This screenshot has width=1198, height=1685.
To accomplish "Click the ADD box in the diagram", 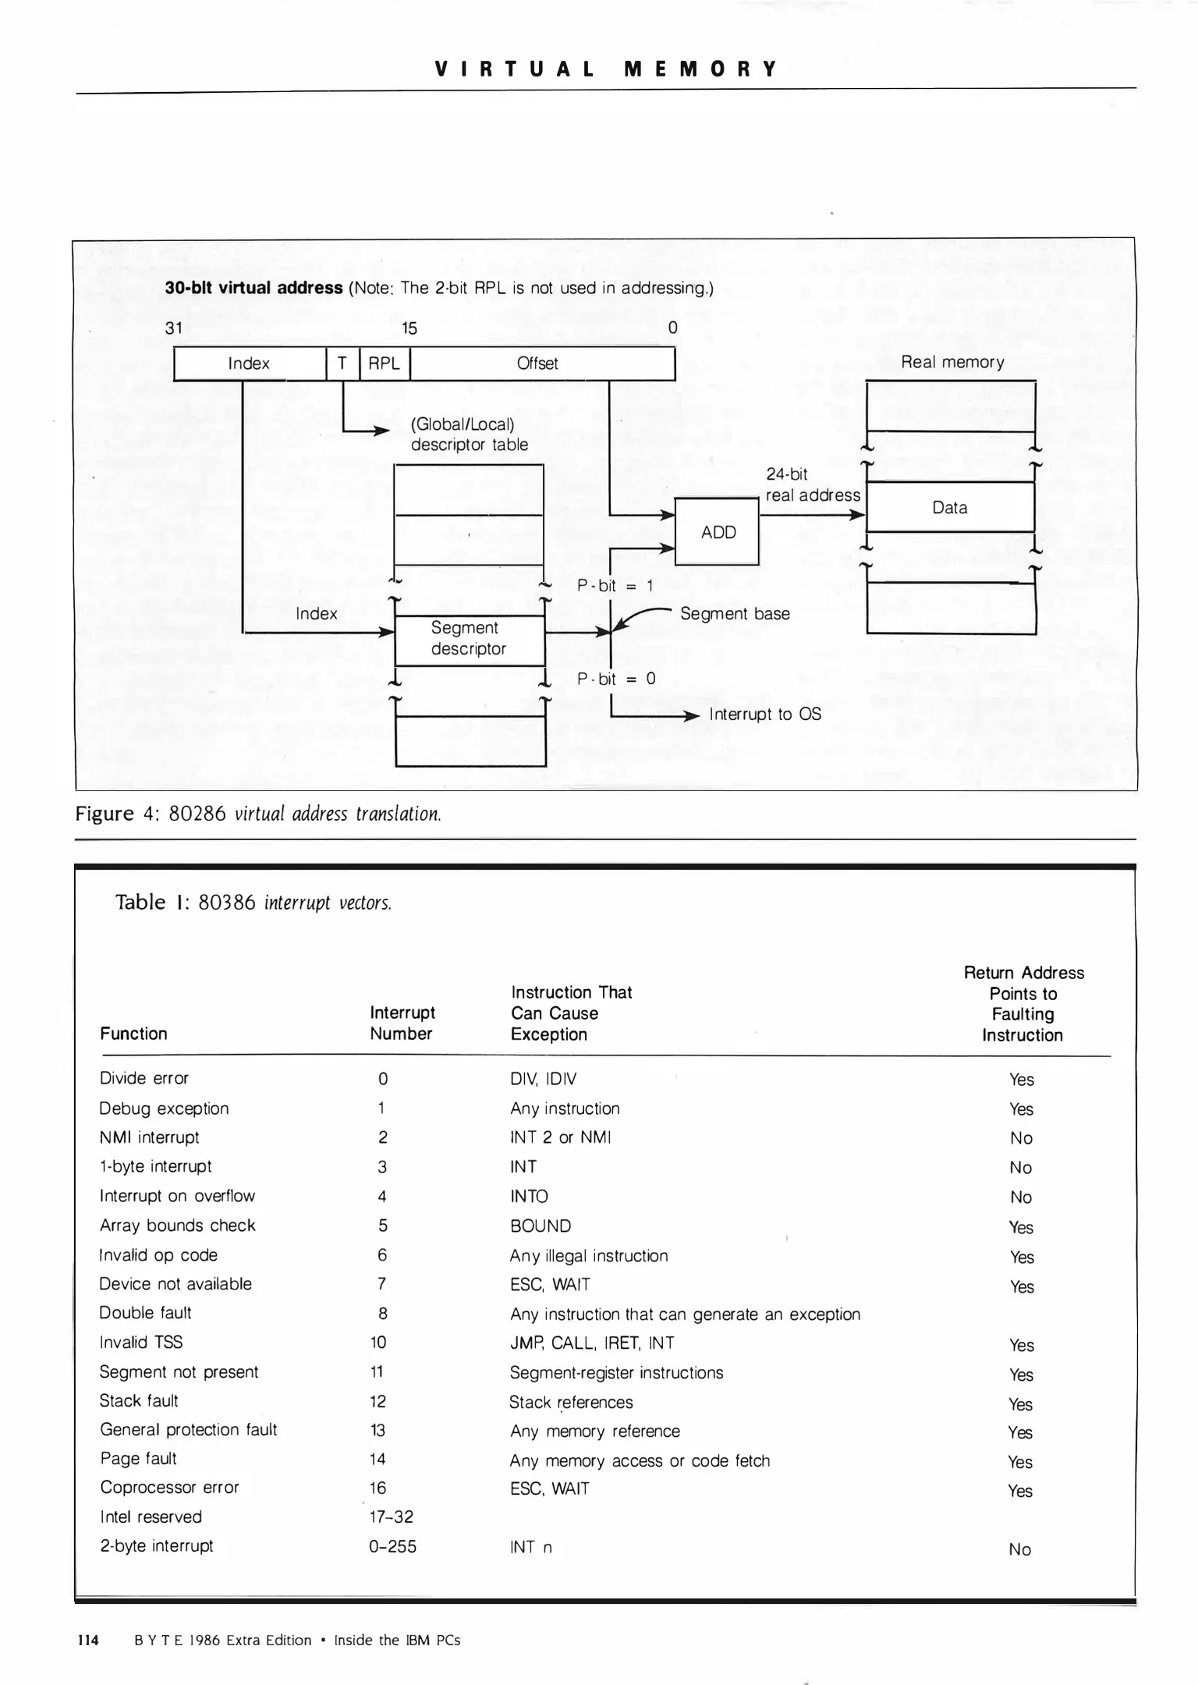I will pos(717,532).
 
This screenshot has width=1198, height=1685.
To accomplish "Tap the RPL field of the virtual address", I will pos(384,364).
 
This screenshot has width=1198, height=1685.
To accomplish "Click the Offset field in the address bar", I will pos(538,364).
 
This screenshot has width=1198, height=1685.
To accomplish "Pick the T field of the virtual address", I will pos(342,364).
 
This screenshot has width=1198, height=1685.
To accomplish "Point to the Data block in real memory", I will pos(950,508).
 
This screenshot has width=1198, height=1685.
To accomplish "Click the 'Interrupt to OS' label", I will pos(764,715).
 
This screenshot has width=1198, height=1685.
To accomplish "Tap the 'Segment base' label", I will pos(735,614).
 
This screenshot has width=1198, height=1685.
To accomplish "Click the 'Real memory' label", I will pos(952,362).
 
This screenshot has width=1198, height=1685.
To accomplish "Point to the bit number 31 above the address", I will pos(174,328).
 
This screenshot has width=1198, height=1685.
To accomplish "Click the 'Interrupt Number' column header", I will pos(402,1023).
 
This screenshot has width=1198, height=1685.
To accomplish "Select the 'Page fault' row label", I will pos(138,1459).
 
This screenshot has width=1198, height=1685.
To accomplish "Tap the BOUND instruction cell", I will pos(541,1226).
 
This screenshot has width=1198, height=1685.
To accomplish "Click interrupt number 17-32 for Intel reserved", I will pos(391,1517).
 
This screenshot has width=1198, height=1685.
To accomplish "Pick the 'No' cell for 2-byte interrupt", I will pos(1019,1550).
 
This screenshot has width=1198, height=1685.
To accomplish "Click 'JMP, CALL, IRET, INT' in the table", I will pos(592,1343).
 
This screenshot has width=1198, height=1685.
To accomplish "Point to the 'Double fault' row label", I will pos(145,1313).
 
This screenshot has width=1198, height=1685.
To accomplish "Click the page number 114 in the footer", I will pos(88,1641).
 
